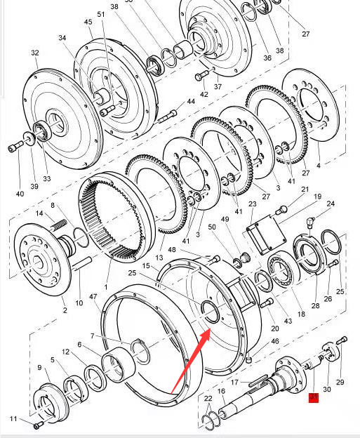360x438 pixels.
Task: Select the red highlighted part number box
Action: (x=314, y=398)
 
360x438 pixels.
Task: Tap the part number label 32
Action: (x=34, y=53)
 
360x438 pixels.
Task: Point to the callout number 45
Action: (x=88, y=22)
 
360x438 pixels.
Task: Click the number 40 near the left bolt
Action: (x=20, y=193)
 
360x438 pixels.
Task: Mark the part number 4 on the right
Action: (x=318, y=166)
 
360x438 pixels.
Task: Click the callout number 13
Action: (x=159, y=258)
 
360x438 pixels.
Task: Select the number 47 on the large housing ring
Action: (x=93, y=298)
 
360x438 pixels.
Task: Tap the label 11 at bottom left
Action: (x=13, y=419)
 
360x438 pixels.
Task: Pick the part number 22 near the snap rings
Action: (x=208, y=399)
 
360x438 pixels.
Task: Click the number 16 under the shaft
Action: (x=221, y=392)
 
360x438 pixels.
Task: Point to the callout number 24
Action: (x=330, y=204)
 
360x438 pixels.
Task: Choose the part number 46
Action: (x=275, y=341)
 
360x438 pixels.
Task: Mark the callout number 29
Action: (x=340, y=382)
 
